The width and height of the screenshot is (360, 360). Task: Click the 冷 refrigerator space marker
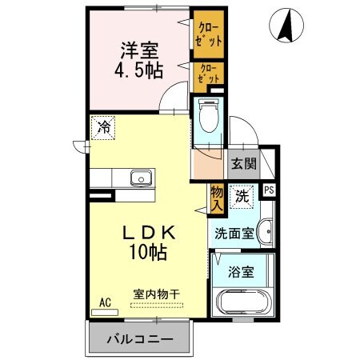pos(102,126)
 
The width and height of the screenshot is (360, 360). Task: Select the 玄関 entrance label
pos(242,165)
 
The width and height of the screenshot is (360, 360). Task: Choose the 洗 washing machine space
pos(240,194)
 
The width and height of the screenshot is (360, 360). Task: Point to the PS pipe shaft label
pos(269,190)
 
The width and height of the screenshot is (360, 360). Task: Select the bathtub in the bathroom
pos(244,303)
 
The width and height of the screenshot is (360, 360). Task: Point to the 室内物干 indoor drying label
pos(156,293)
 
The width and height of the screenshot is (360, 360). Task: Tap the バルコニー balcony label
pos(140,339)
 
